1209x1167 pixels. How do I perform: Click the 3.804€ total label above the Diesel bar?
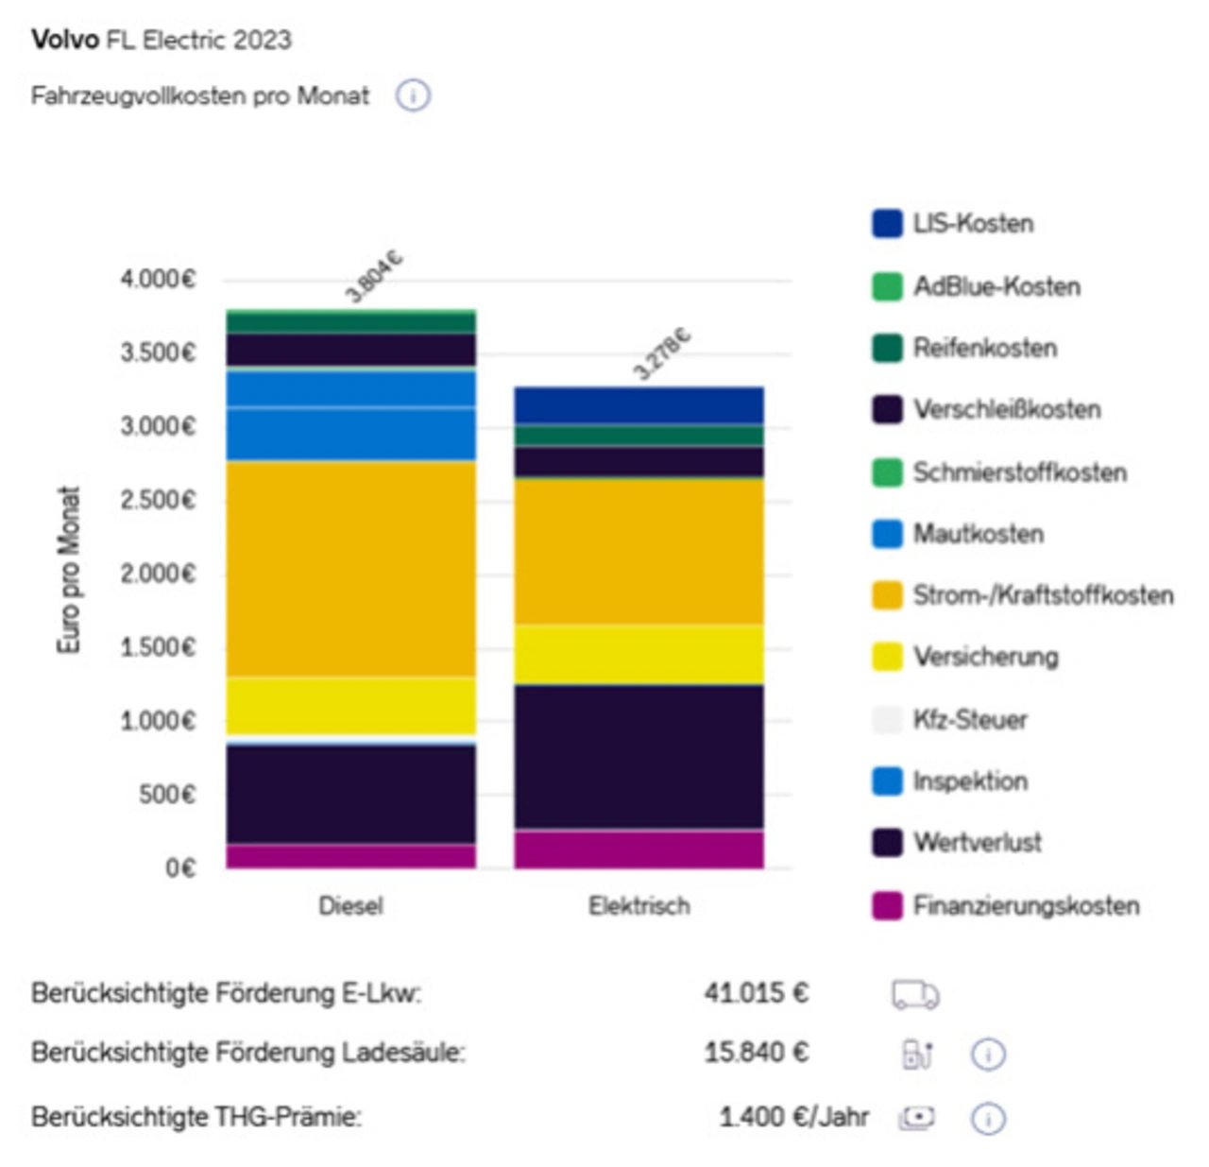pos(374,277)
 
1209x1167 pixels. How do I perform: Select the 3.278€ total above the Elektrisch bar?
pos(661,353)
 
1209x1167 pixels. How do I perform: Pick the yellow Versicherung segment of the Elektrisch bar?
pos(639,654)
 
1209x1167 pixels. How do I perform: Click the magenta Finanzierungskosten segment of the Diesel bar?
pos(350,856)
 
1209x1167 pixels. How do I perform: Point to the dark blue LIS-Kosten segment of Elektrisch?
pos(639,405)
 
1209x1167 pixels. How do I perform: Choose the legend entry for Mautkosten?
pos(978,534)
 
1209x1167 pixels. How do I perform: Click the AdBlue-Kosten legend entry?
pos(996,286)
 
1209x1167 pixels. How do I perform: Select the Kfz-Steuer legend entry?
pos(969,719)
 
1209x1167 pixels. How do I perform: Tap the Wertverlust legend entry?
pos(977,842)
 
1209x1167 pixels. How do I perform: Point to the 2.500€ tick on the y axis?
pos(158,500)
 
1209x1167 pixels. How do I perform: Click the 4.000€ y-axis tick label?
pos(158,279)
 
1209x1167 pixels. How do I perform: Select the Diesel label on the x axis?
pos(350,906)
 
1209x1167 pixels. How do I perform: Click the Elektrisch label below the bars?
pos(639,906)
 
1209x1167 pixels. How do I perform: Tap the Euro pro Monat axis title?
pos(69,570)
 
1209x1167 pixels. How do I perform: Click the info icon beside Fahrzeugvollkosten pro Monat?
pos(413,96)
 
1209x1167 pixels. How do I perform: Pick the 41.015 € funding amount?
pos(756,993)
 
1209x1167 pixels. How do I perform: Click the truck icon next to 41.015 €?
pos(915,995)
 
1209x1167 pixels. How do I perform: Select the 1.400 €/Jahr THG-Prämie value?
pos(793,1117)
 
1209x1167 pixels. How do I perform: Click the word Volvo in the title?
pos(65,40)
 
